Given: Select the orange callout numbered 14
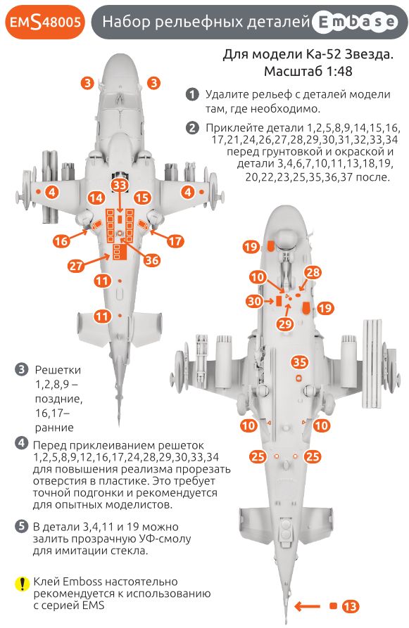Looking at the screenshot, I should (x=96, y=198).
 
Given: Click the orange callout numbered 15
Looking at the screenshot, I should (x=143, y=198).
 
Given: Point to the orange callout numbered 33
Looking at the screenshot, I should (x=120, y=185).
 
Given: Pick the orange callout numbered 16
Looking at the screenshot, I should (x=63, y=241).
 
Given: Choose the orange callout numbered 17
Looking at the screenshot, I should (x=175, y=241).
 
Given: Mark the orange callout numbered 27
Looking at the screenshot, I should (x=76, y=265).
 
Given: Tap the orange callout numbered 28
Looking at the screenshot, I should (x=313, y=273).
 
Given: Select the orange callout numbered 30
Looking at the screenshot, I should (x=255, y=300).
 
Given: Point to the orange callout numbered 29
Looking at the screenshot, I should (x=285, y=323).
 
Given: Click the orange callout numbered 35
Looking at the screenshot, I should (x=300, y=362).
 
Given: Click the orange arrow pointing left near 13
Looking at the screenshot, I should (x=307, y=605).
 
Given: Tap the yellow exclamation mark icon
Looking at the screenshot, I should (x=21, y=583).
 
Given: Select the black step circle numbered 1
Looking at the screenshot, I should (x=191, y=94).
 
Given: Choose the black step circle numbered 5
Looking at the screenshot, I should (x=21, y=526).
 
